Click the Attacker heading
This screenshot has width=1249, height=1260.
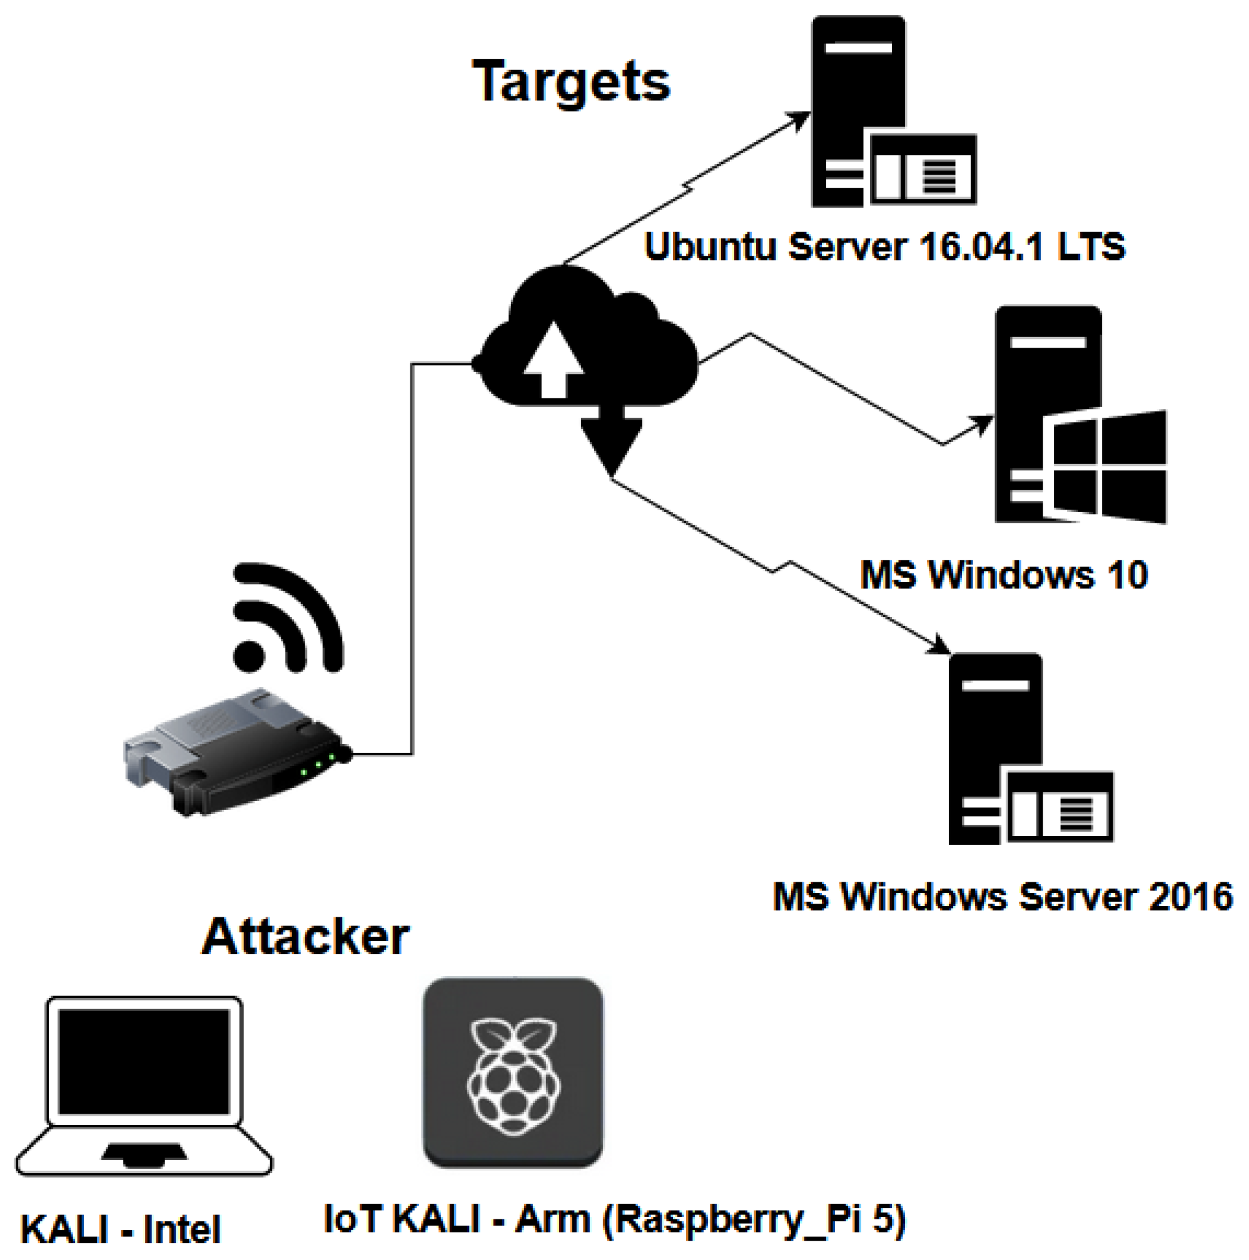point(305,937)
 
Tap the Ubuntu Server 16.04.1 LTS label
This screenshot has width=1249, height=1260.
point(884,247)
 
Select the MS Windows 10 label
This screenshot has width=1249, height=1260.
point(1003,575)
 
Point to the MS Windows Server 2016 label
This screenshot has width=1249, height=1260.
point(1002,897)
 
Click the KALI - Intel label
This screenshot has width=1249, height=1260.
point(121,1230)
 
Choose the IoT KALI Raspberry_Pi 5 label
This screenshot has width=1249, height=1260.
point(614,1218)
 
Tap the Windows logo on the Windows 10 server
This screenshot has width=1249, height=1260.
point(1108,466)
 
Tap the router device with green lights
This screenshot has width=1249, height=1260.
point(238,754)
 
